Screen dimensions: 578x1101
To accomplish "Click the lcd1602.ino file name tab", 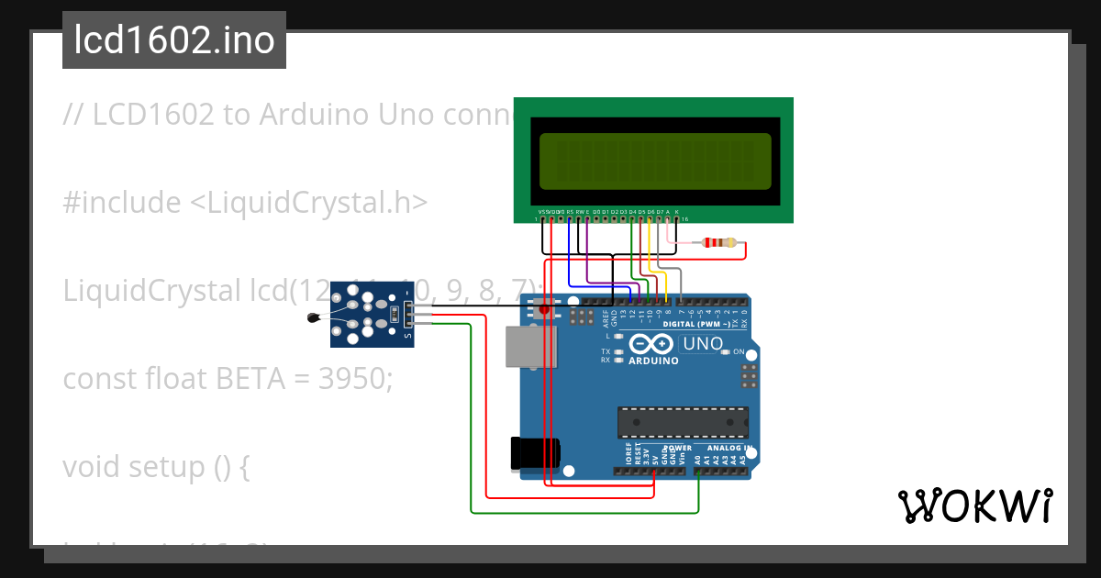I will click(173, 40).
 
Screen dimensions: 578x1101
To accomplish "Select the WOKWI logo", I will click(974, 506).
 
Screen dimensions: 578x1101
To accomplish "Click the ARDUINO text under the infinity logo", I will click(653, 361).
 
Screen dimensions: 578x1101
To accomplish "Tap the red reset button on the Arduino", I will click(544, 309).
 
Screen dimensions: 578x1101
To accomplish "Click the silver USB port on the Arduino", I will click(530, 352).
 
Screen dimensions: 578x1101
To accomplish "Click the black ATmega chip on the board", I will click(682, 422).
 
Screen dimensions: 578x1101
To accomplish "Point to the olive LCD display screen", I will click(655, 161).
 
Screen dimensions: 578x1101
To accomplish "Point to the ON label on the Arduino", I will click(738, 351).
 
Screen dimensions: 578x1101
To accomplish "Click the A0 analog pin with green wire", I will click(699, 472).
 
